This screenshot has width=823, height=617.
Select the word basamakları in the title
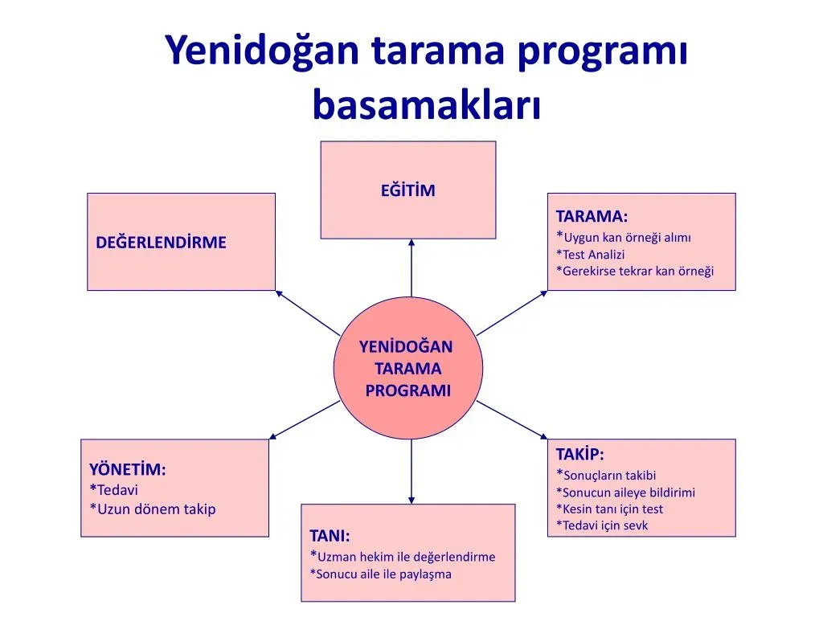[426, 105]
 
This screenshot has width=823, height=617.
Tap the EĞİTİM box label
[407, 190]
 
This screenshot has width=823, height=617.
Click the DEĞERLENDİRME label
[162, 242]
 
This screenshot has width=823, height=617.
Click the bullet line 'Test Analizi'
[590, 254]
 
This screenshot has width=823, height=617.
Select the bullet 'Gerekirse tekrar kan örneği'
[635, 271]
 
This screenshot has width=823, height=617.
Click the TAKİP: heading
[579, 454]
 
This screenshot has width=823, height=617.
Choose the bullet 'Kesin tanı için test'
[609, 509]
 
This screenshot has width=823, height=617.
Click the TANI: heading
[330, 536]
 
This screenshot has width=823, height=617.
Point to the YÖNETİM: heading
[128, 469]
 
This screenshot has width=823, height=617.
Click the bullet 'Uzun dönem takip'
[153, 509]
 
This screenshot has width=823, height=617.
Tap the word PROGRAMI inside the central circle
[408, 390]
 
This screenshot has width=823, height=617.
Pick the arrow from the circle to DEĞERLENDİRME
[308, 313]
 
